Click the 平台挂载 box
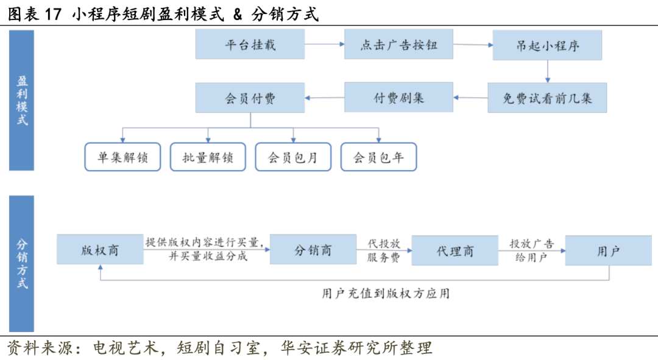point(250,45)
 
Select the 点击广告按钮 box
point(398,45)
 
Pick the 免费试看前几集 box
point(547,98)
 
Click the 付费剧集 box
point(398,98)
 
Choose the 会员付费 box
point(250,98)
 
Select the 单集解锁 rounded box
point(122,157)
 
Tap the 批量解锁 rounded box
point(207,157)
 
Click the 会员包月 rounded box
point(293,157)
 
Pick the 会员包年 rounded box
point(378,157)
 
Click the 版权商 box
point(100,250)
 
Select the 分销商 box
point(313,250)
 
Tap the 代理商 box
point(455,250)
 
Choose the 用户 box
point(608,250)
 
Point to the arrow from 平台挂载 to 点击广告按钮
point(324,44)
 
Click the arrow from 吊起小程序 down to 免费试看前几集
point(547,71)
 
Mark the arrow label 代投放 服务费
point(384,250)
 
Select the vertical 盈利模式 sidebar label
point(22,101)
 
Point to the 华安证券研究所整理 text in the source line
point(356,348)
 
